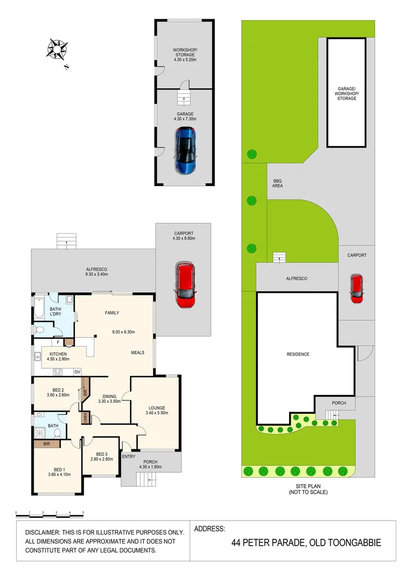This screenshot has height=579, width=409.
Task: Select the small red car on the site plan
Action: (356, 288)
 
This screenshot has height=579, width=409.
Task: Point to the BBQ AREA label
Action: (277, 183)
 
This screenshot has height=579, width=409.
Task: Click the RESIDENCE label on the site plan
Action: (298, 354)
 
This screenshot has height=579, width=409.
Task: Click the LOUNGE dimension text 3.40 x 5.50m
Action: (157, 413)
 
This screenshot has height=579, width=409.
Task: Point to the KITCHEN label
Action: (58, 354)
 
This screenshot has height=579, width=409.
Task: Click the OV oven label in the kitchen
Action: (77, 372)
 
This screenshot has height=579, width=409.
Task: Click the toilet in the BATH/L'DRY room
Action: (39, 329)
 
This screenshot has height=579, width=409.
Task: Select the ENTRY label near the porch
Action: (128, 456)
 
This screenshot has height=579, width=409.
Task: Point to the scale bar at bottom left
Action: (49, 513)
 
